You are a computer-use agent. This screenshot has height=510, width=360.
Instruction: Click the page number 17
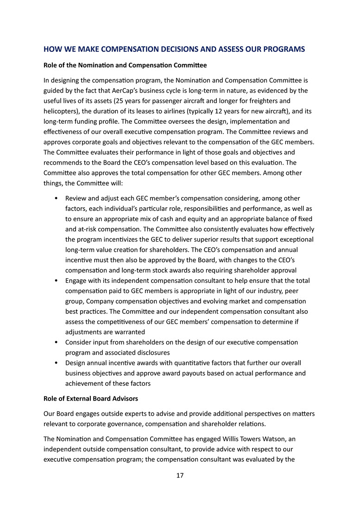[x=180, y=475]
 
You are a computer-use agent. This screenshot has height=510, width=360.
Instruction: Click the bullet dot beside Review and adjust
[x=56, y=199]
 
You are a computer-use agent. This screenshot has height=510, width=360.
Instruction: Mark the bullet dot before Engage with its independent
[x=56, y=281]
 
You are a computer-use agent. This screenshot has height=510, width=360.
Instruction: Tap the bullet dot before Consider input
[x=56, y=342]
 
